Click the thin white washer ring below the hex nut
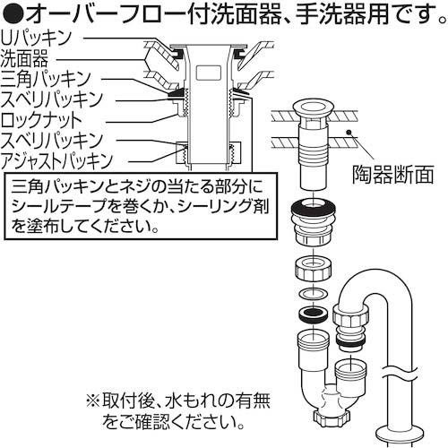coord(313,295)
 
